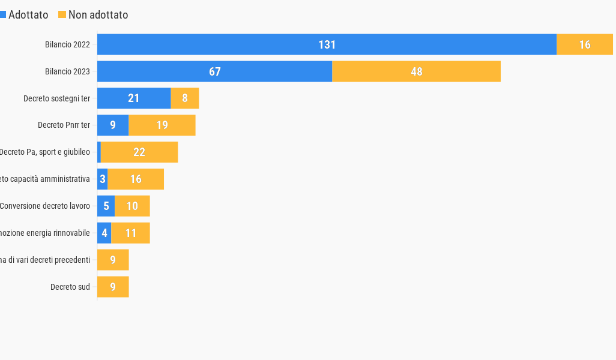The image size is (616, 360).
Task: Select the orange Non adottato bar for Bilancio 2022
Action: click(585, 44)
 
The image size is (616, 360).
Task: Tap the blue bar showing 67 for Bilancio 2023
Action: click(180, 71)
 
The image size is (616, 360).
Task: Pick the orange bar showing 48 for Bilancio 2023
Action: click(416, 71)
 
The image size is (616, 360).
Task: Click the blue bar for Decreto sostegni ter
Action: click(134, 98)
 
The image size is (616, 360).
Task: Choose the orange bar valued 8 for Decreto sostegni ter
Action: click(185, 98)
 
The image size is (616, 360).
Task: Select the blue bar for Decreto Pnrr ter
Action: click(113, 125)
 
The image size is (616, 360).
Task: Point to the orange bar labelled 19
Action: click(162, 125)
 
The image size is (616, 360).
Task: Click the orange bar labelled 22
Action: click(139, 152)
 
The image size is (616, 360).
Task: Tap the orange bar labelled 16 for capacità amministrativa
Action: click(136, 179)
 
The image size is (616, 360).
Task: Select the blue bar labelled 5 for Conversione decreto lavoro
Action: click(106, 206)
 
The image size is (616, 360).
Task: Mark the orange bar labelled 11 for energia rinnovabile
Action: click(130, 233)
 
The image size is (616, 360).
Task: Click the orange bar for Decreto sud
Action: click(113, 287)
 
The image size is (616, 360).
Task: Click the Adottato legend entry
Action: click(24, 15)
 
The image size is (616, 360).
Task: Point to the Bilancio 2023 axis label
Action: click(67, 71)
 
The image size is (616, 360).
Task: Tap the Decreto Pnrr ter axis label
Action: click(64, 125)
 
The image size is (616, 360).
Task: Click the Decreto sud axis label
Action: click(70, 287)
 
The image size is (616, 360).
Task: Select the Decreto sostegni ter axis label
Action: click(56, 98)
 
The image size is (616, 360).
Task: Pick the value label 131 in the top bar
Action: click(327, 44)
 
